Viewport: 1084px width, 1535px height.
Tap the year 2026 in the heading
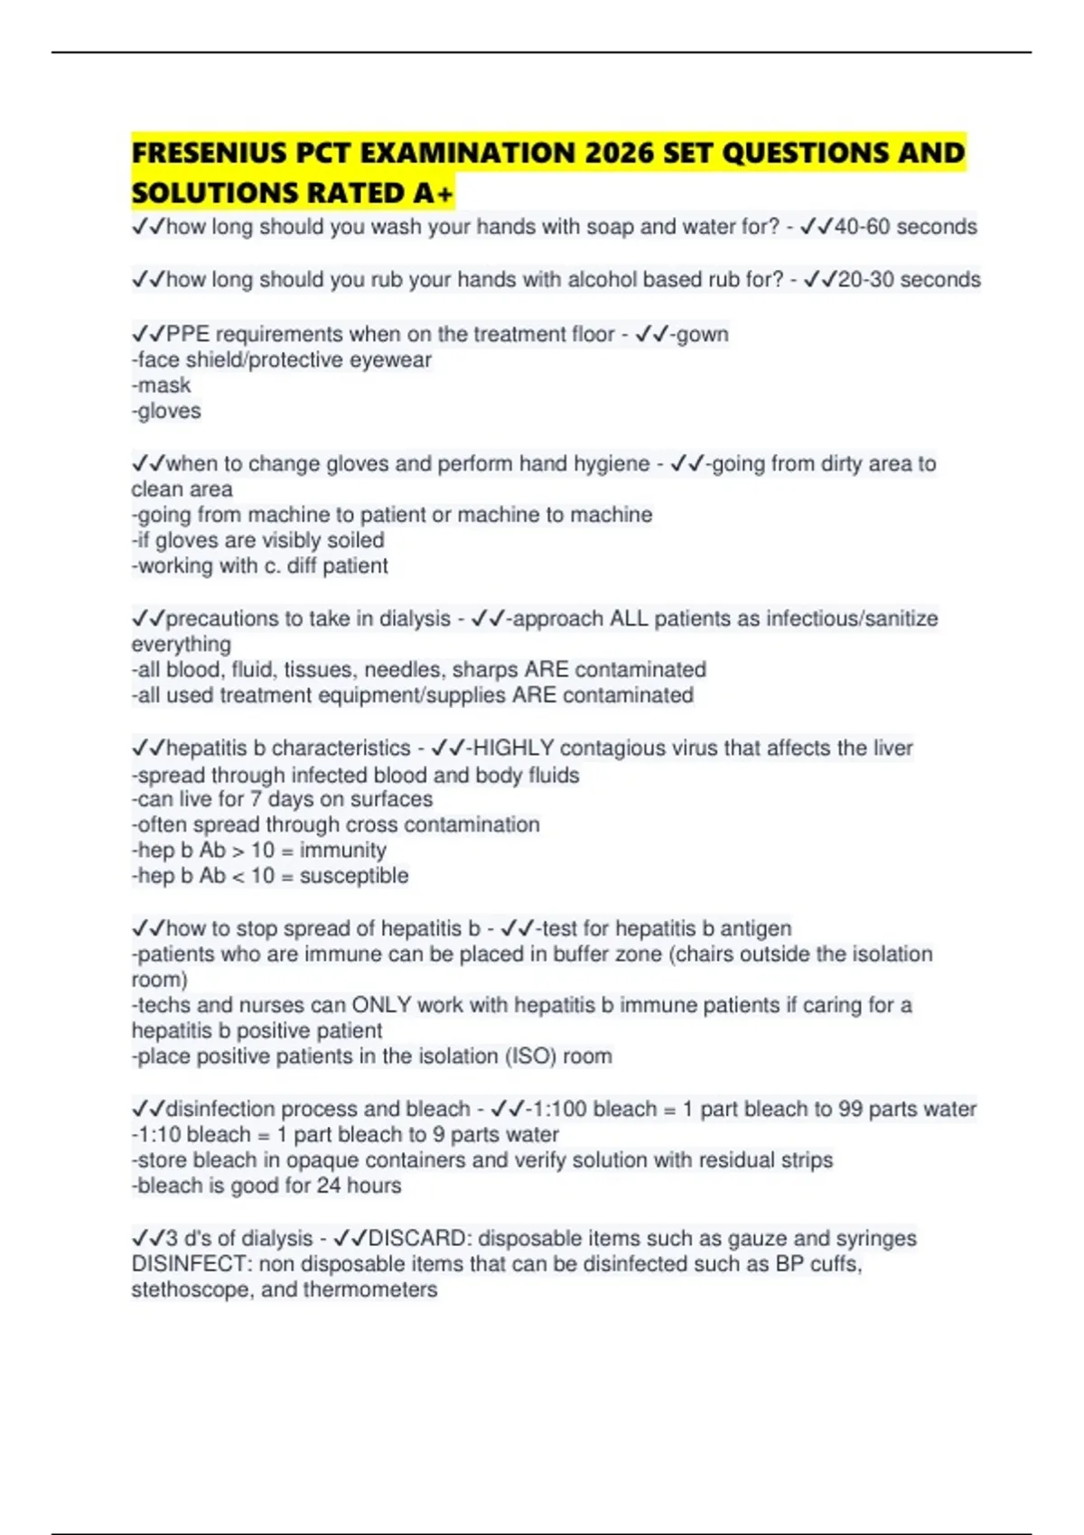point(619,153)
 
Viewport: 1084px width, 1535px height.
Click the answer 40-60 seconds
point(906,227)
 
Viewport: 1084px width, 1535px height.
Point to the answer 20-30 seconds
point(910,280)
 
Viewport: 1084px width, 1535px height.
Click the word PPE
point(188,334)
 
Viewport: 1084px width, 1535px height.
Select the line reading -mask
point(162,386)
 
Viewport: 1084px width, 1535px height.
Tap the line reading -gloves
point(166,411)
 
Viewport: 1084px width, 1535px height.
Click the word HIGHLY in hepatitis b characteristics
point(513,749)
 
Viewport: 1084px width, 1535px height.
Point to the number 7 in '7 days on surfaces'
point(257,799)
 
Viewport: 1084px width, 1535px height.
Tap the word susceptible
point(354,876)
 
